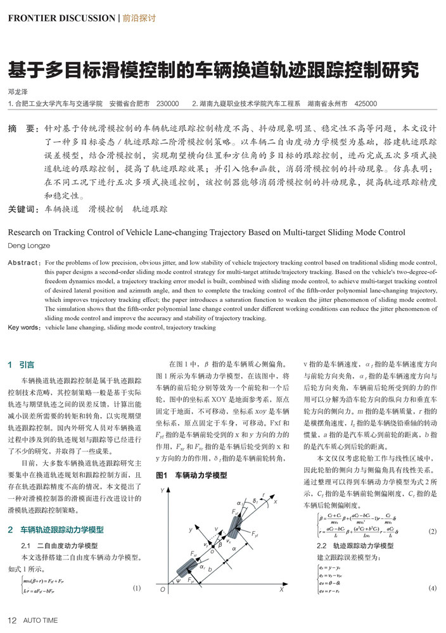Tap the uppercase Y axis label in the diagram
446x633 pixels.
(163, 491)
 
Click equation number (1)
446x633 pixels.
(136, 588)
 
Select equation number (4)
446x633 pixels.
(433, 588)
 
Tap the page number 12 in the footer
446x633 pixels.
(11, 620)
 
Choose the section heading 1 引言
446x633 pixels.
(22, 365)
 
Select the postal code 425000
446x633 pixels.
(366, 103)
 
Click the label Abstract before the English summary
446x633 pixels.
(23, 261)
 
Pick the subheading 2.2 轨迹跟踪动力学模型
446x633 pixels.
(355, 546)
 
